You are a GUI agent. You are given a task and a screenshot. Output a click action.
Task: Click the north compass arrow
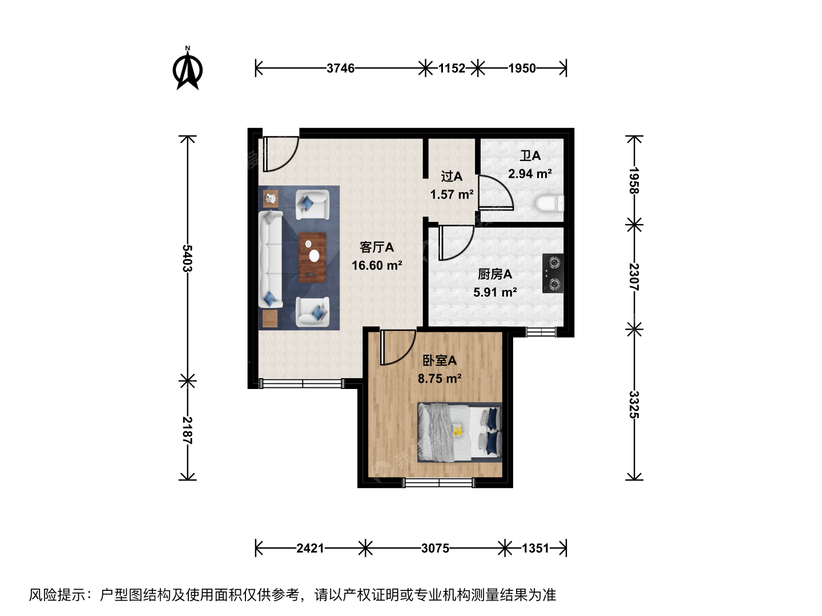point(188,68)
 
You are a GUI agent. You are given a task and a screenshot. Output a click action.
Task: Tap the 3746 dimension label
point(340,68)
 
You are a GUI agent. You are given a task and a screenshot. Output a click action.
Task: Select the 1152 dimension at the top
point(452,68)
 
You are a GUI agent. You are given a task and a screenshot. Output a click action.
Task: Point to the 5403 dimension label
point(187,258)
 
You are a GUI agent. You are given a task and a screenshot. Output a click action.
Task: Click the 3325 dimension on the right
point(634,405)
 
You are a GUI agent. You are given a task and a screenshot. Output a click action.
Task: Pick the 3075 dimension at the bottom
point(435,548)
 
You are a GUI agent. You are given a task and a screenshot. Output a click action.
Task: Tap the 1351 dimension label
point(535,548)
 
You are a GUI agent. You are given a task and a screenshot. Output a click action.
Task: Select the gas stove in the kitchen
point(553,273)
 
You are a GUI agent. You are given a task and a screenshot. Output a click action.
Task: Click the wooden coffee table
point(312,257)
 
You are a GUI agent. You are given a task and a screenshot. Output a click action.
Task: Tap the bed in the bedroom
point(460,432)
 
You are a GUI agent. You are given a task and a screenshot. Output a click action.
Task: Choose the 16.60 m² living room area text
point(377,265)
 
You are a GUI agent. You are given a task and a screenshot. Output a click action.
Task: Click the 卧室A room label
point(440,360)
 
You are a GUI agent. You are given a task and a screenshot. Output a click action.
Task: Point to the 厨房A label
point(495,274)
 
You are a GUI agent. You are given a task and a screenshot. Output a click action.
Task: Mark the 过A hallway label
point(452,176)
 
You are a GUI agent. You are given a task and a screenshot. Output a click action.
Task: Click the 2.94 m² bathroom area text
point(530,174)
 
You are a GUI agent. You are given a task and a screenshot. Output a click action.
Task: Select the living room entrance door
point(280,154)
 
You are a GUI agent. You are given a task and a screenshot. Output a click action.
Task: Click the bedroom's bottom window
point(439,483)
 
